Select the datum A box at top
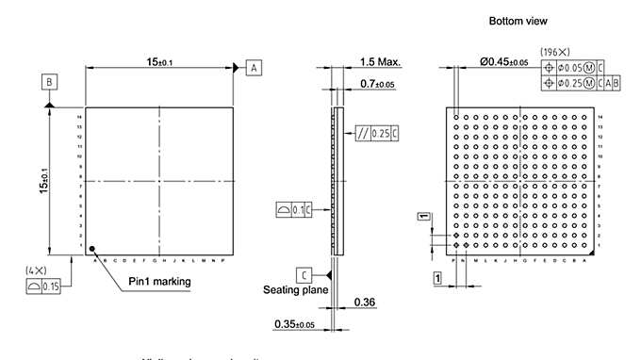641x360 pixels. point(255,67)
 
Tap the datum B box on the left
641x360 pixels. point(50,82)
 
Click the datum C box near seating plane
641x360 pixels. point(304,275)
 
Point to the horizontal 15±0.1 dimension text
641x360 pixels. point(158,61)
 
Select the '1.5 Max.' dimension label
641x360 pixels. point(380,62)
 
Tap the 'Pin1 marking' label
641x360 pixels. point(160,281)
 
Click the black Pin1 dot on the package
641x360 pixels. point(91,249)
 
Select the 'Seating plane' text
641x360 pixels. point(295,289)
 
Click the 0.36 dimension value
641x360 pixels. point(365,303)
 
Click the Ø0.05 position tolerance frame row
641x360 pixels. point(575,68)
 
